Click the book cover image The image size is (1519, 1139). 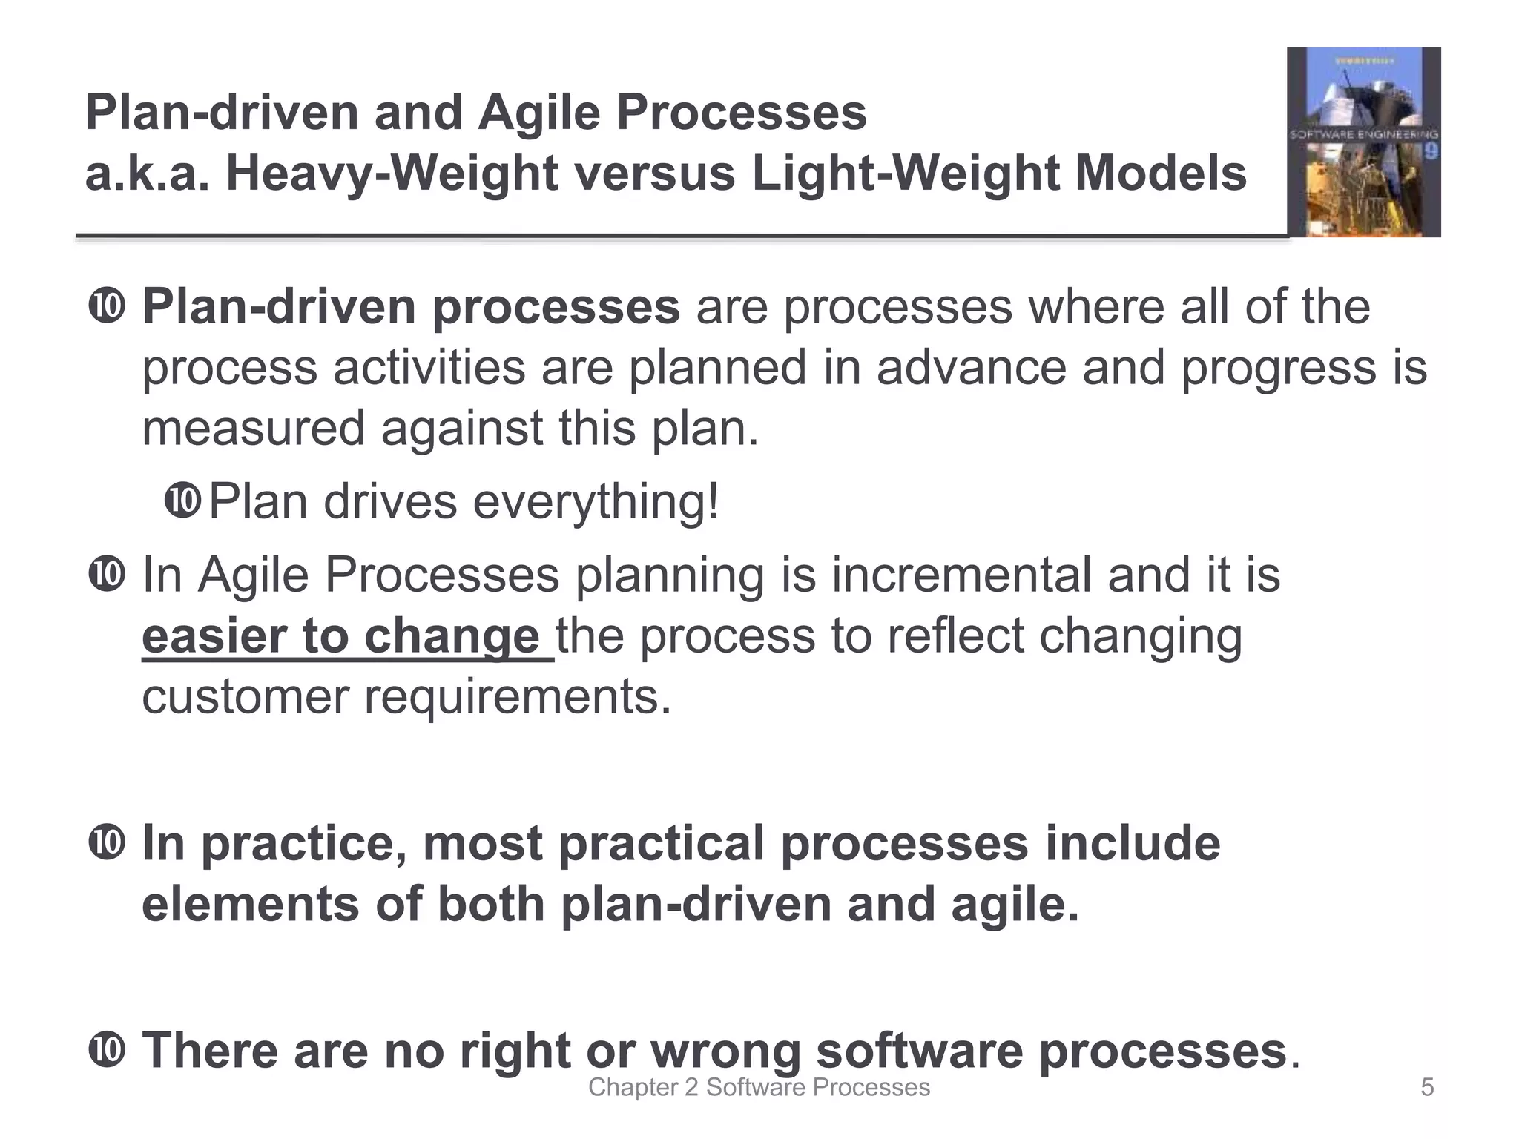1363,142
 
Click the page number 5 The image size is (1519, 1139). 1427,1088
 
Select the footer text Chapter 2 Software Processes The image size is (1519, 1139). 759,1088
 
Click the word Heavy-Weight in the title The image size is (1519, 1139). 391,174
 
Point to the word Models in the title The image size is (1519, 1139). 1161,174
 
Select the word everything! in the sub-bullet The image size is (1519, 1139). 596,502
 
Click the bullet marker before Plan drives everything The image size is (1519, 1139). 182,501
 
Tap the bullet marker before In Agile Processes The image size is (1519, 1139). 107,575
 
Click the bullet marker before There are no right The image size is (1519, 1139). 107,1051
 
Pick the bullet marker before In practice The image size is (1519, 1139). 107,843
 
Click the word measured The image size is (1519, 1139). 253,429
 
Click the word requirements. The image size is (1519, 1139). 518,697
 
